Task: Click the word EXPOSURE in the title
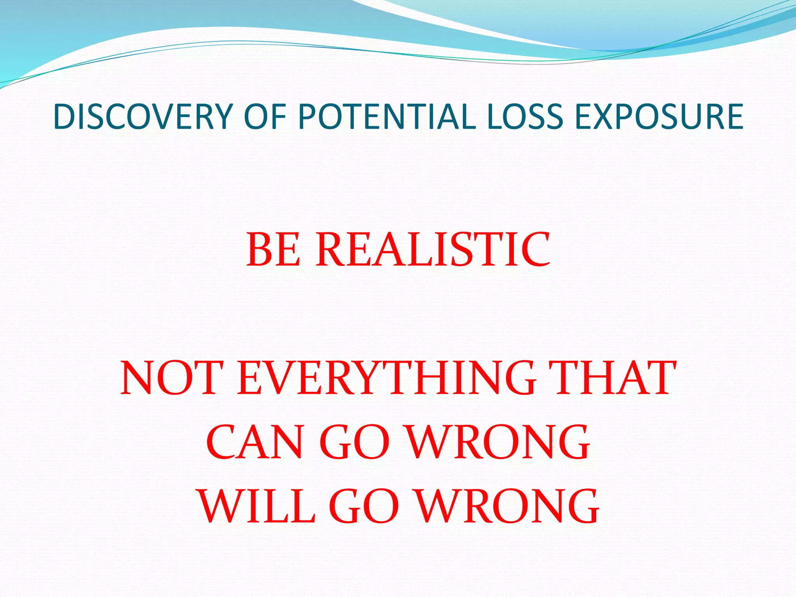pyautogui.click(x=659, y=117)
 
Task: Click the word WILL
pyautogui.click(x=257, y=507)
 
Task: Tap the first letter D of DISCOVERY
pyautogui.click(x=65, y=117)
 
